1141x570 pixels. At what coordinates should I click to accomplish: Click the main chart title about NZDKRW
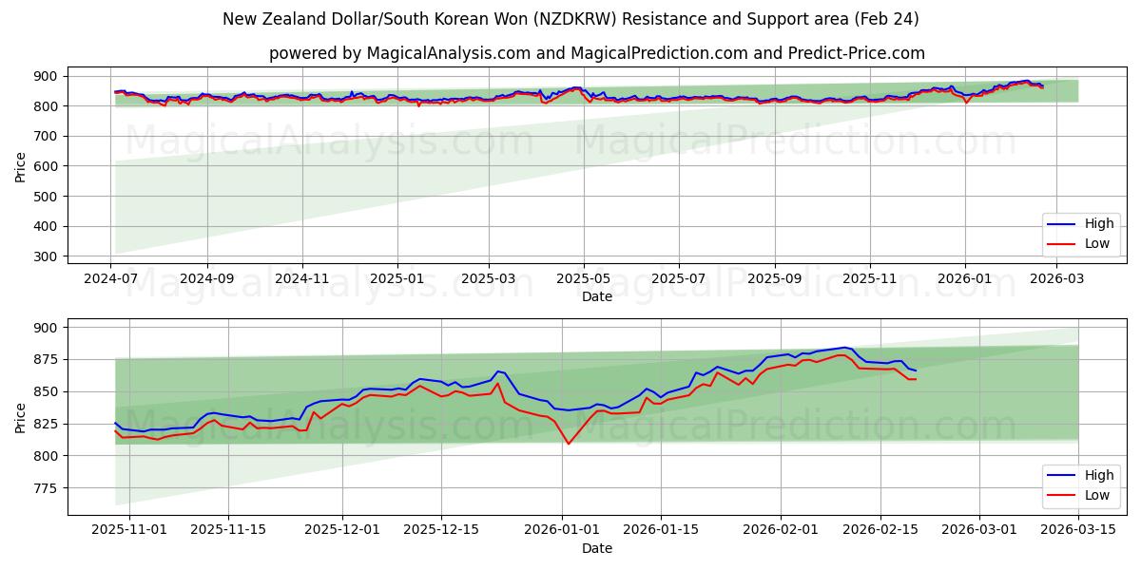tap(570, 19)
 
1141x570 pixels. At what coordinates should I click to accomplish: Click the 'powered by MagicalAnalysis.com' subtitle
tap(596, 53)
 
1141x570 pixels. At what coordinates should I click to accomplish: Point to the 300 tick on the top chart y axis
tap(45, 256)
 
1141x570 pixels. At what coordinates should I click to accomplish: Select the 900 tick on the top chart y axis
tap(45, 76)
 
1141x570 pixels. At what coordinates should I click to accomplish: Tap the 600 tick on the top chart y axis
tap(45, 166)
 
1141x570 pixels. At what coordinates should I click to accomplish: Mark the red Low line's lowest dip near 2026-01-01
tap(569, 444)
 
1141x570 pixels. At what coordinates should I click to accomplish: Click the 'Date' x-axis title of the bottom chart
tap(596, 548)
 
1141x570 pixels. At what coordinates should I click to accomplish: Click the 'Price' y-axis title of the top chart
tap(21, 166)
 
